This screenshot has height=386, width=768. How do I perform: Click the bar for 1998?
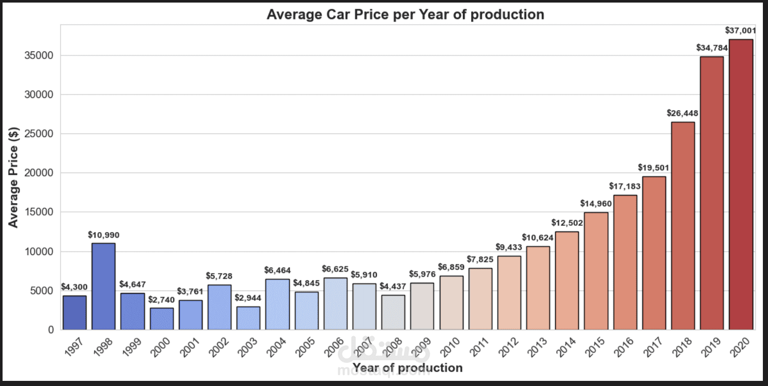tap(104, 286)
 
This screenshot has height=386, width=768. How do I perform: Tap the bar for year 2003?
tap(249, 318)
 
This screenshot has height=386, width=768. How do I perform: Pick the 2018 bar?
tap(683, 226)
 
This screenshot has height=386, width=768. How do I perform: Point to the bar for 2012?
tap(509, 293)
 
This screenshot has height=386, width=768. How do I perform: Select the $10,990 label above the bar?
tap(104, 235)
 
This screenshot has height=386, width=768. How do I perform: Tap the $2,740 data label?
tap(161, 300)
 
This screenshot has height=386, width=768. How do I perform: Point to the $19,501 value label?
tap(654, 168)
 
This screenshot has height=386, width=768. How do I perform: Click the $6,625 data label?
tap(335, 269)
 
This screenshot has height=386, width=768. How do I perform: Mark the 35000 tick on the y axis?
tap(39, 55)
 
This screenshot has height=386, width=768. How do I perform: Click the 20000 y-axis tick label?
tap(39, 173)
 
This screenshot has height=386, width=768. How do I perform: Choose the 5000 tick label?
tap(42, 291)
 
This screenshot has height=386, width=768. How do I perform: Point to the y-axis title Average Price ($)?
tap(14, 177)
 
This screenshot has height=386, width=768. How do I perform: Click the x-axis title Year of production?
tap(408, 368)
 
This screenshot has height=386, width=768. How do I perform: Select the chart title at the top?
tap(405, 14)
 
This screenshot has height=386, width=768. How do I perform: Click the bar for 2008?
tap(393, 312)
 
